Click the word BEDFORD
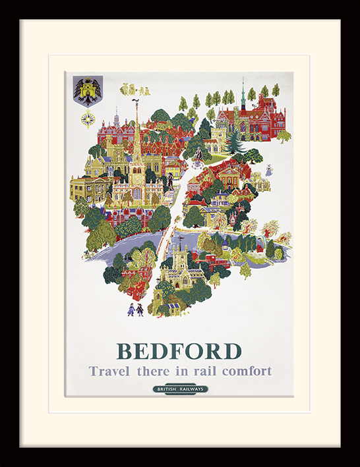[179, 350]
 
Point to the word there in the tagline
[153, 371]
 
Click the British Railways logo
[180, 389]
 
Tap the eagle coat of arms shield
[86, 92]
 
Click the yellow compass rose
[88, 119]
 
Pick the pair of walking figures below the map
[135, 309]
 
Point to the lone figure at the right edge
[268, 171]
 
